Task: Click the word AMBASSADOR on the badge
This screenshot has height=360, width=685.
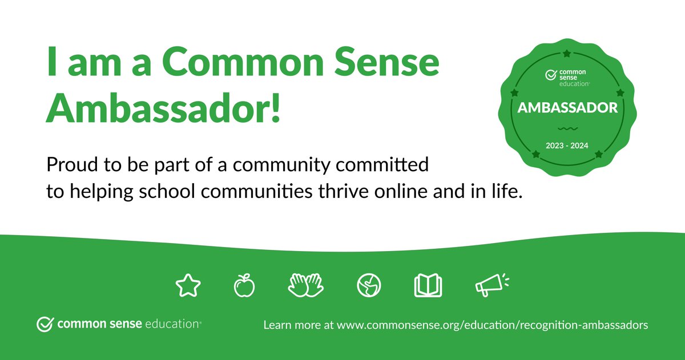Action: point(567,108)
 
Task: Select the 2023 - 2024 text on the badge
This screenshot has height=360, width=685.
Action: point(567,145)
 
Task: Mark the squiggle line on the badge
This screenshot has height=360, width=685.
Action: point(567,128)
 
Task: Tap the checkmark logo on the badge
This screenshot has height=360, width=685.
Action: point(551,75)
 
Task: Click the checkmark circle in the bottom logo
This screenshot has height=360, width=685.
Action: point(44,324)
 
